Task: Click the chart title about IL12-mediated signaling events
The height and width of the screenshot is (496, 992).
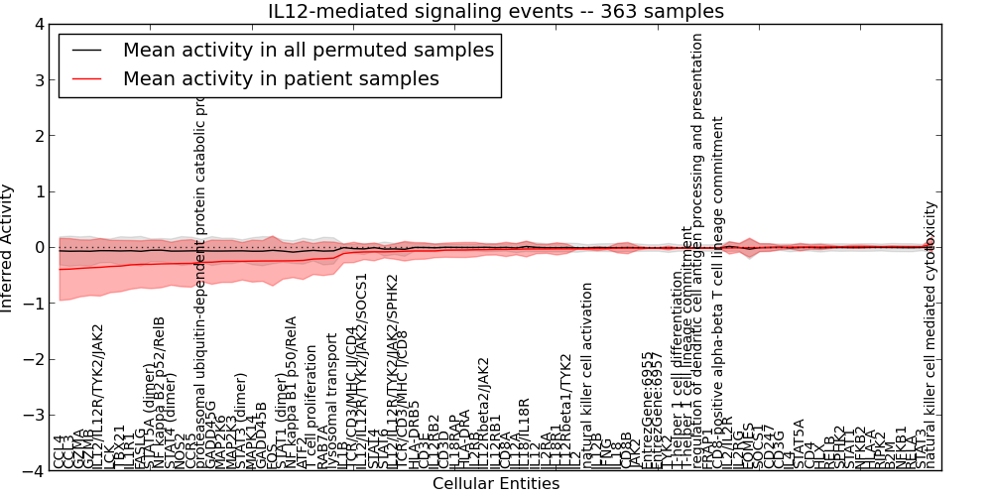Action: tap(496, 11)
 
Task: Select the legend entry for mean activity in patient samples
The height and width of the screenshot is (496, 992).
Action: tap(281, 78)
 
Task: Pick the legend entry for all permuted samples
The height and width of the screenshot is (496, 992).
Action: tap(308, 50)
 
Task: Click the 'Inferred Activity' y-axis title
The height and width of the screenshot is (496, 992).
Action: tap(9, 248)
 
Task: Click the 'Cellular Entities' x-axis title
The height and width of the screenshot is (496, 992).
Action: tap(496, 484)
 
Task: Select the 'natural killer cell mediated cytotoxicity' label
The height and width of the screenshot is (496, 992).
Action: tap(930, 334)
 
